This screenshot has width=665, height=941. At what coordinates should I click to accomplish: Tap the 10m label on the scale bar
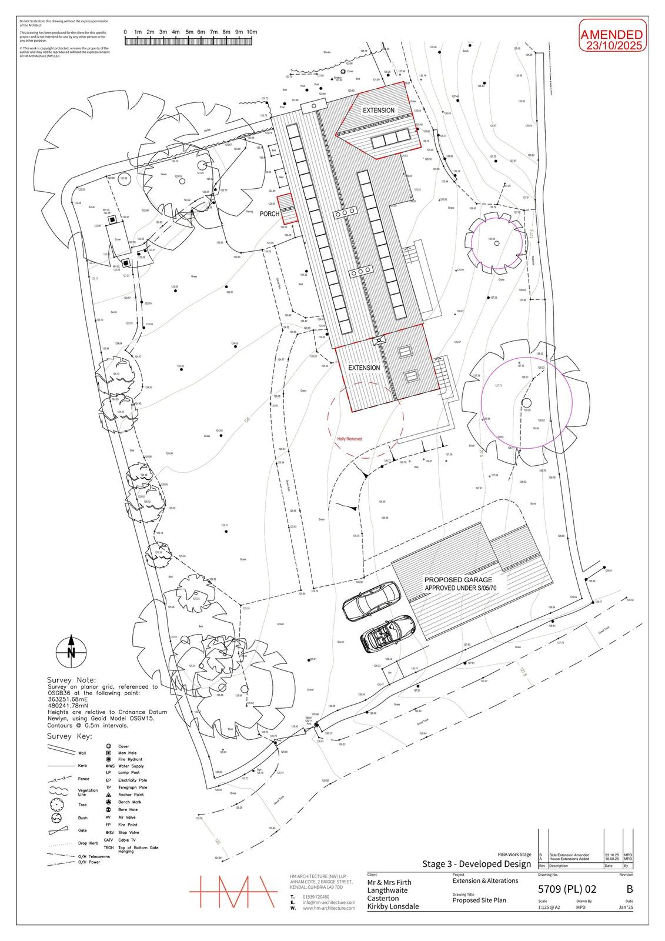(252, 32)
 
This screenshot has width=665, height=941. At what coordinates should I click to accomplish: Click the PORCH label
(269, 214)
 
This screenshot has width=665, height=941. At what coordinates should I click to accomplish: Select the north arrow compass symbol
(71, 651)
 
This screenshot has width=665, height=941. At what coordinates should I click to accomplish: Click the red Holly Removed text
(349, 439)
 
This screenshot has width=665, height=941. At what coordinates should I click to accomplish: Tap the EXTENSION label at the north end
(378, 111)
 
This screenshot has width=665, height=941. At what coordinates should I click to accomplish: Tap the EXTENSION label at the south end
(364, 368)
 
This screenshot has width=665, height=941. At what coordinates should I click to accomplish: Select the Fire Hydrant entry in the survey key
(130, 759)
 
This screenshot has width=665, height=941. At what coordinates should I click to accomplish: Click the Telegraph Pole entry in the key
(132, 787)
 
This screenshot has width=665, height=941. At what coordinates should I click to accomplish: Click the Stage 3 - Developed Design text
(476, 864)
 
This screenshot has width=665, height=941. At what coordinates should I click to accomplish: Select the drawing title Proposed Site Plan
(479, 900)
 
